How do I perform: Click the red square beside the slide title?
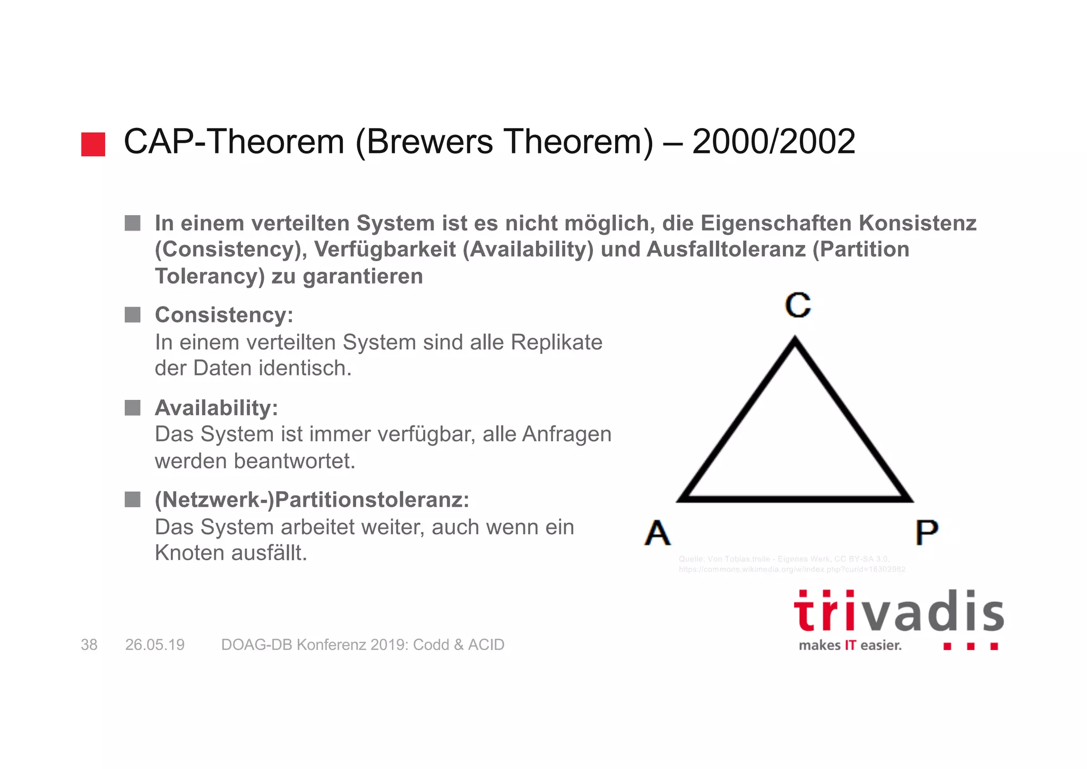click(x=93, y=144)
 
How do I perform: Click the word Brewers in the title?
click(x=429, y=142)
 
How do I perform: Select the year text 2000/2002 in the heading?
click(x=773, y=142)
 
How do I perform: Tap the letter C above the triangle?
click(x=798, y=305)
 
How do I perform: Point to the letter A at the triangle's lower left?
click(x=658, y=533)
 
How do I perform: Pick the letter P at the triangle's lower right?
click(x=927, y=532)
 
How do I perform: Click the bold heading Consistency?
click(x=224, y=315)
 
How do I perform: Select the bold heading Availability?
click(x=216, y=408)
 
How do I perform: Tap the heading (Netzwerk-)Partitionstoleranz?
click(x=312, y=500)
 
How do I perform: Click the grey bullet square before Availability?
click(x=132, y=408)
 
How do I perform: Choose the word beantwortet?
click(x=295, y=461)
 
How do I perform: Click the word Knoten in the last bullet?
click(x=189, y=553)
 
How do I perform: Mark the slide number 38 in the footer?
click(x=89, y=645)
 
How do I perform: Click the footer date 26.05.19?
click(x=154, y=645)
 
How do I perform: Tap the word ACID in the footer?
click(x=486, y=645)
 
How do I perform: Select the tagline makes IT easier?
click(x=850, y=646)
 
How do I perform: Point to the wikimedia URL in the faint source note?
click(x=791, y=569)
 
